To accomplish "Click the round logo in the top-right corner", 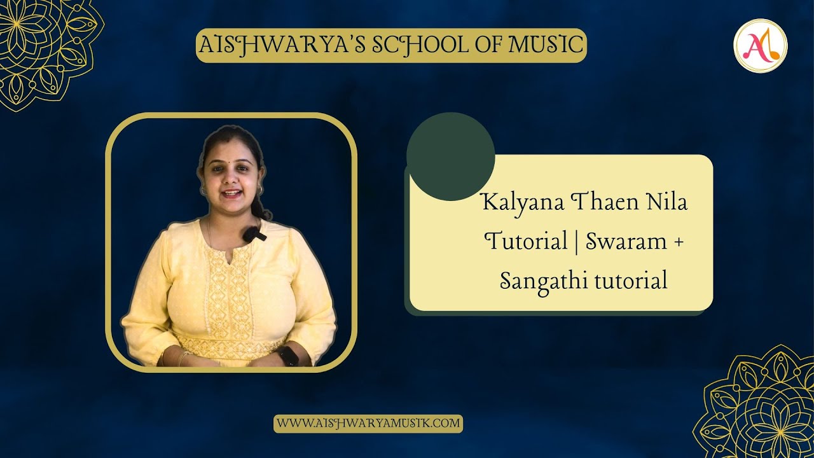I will pyautogui.click(x=760, y=46).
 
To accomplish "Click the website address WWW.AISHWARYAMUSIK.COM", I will pyautogui.click(x=368, y=423).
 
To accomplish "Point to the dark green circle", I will pyautogui.click(x=450, y=156).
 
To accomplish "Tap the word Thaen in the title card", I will pyautogui.click(x=602, y=204).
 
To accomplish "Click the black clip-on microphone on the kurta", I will pyautogui.click(x=253, y=234).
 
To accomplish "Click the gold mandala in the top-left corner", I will pyautogui.click(x=45, y=51).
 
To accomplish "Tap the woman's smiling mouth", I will pyautogui.click(x=231, y=192).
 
